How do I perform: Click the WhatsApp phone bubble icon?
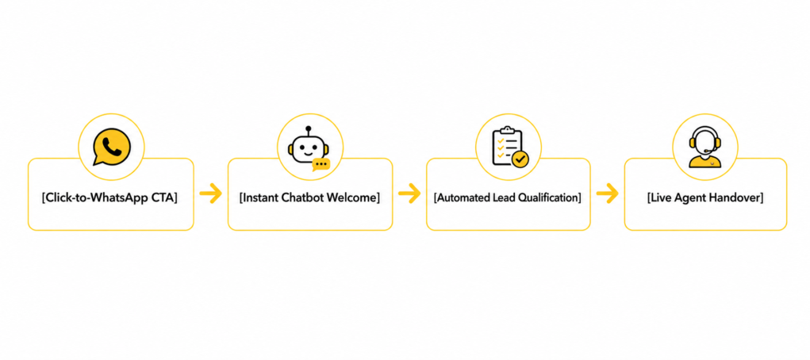(x=112, y=147)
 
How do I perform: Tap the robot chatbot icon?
(x=309, y=149)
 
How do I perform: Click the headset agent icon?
(x=705, y=147)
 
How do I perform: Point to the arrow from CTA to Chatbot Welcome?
(x=210, y=193)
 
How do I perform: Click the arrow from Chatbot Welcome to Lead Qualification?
(x=409, y=193)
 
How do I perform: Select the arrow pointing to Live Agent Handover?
(x=607, y=193)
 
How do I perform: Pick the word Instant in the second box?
(x=260, y=197)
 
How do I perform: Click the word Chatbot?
(x=302, y=197)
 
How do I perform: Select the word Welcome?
(x=351, y=197)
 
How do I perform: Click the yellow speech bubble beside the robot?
(x=321, y=165)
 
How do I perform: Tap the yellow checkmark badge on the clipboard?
(x=520, y=159)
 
